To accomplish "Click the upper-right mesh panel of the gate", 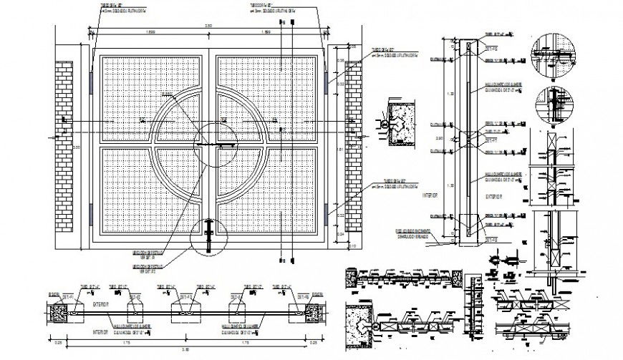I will tap(269, 93).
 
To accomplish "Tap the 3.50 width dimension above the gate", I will tap(208, 26).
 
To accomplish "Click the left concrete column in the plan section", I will tap(59, 312).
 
